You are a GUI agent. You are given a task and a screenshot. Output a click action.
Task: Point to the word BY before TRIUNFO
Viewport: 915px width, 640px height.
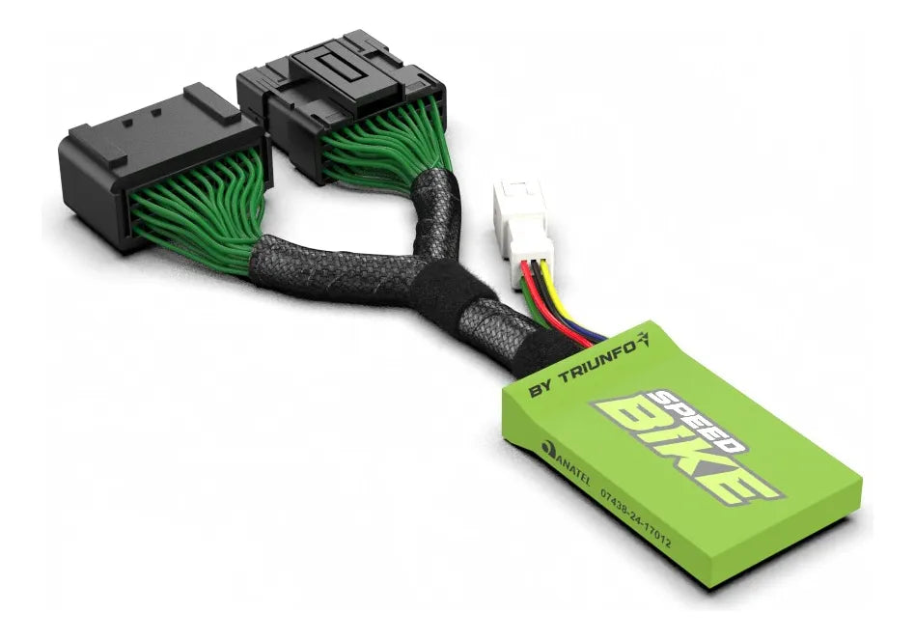[x=541, y=390]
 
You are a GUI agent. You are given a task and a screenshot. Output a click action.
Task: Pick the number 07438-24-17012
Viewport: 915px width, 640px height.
[x=636, y=518]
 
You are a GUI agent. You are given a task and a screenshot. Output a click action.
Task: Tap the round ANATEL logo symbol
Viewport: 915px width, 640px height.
[x=548, y=449]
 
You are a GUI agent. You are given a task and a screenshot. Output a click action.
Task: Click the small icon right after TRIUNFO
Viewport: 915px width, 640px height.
[x=643, y=340]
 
